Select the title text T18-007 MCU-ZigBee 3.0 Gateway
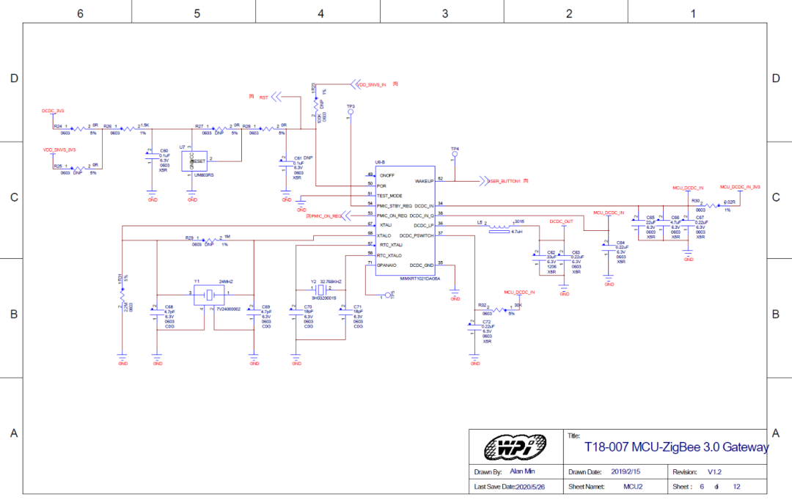[x=676, y=446]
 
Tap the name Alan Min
[x=524, y=471]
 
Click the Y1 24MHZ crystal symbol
[x=210, y=294]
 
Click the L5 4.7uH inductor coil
[x=499, y=227]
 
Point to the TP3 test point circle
[x=350, y=114]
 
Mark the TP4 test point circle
[x=455, y=155]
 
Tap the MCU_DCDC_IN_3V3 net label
[x=739, y=187]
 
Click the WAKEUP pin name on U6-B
[x=424, y=180]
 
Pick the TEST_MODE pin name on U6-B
[x=389, y=196]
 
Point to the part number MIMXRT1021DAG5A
[x=420, y=279]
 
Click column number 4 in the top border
[x=320, y=13]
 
